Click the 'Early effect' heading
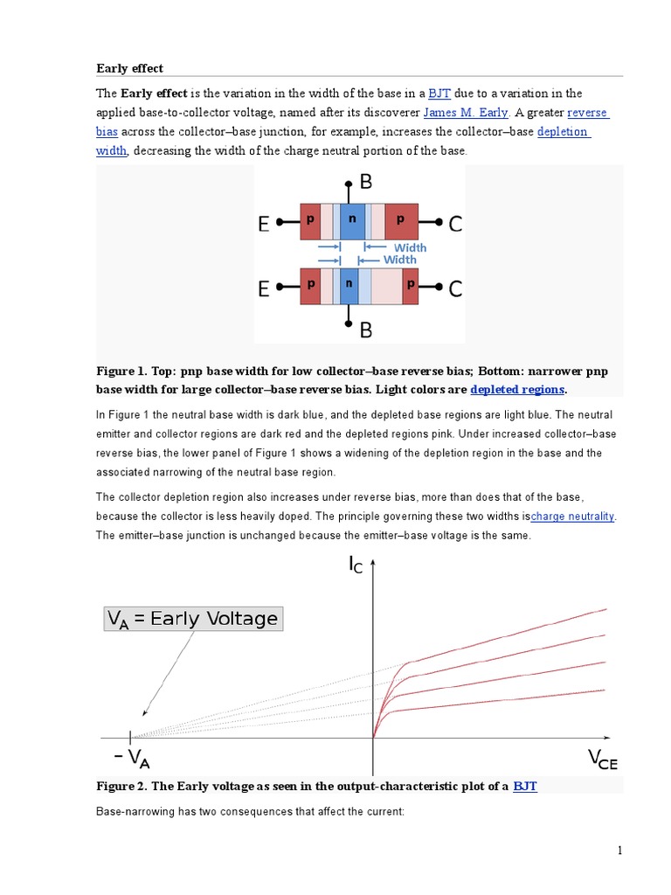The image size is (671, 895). (129, 68)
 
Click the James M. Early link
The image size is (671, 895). (465, 113)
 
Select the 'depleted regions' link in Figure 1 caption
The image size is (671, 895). (517, 389)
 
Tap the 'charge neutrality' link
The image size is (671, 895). (573, 516)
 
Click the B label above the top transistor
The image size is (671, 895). (366, 183)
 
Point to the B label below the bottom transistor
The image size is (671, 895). (366, 330)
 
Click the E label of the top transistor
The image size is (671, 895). (263, 225)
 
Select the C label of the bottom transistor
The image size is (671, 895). (455, 288)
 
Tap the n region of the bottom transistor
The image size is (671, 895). (349, 286)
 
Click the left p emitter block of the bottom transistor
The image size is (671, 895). (310, 286)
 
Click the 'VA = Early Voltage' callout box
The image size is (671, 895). (192, 619)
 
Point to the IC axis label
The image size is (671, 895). (356, 567)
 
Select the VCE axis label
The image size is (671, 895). (603, 758)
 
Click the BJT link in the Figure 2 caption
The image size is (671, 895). (525, 786)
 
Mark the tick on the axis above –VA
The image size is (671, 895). (131, 737)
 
